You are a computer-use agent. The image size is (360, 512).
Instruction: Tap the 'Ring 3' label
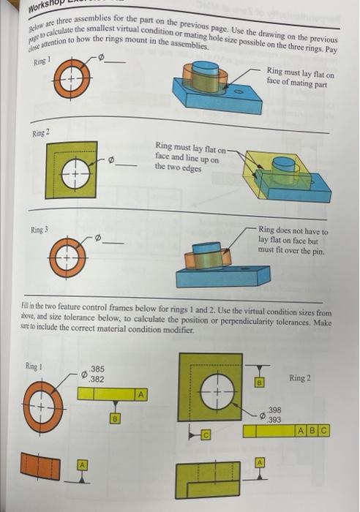(x=40, y=230)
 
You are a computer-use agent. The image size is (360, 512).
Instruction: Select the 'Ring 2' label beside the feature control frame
(x=300, y=378)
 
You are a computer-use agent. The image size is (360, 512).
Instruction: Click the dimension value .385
(x=97, y=369)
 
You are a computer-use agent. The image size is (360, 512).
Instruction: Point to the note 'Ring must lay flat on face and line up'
(x=189, y=155)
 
